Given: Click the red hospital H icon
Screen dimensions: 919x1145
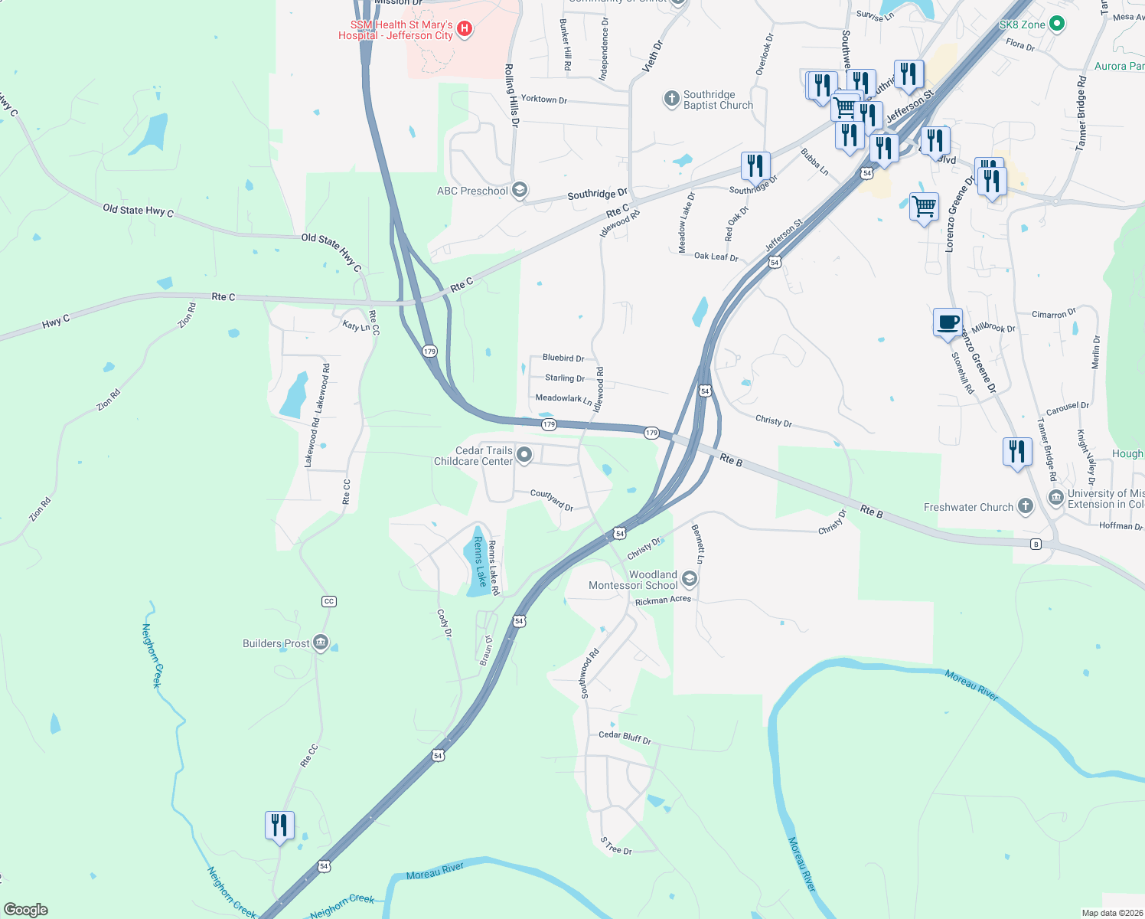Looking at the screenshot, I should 464,30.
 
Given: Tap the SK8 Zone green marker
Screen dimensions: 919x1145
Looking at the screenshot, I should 1057,25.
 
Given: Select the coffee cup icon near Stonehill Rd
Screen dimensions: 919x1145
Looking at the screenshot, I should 948,322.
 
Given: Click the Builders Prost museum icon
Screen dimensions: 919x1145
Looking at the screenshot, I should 321,643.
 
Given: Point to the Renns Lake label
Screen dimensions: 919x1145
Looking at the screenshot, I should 479,561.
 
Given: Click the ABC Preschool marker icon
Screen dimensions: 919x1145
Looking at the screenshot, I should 520,191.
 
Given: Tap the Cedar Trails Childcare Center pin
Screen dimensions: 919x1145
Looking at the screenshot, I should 524,456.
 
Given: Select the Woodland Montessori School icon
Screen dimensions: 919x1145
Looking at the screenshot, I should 689,579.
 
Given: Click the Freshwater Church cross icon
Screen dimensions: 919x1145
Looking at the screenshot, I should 1026,506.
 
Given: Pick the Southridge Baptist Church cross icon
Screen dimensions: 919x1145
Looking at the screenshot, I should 671,98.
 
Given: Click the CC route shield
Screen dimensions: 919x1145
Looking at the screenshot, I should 329,601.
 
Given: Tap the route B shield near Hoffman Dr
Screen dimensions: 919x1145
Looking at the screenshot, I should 1036,545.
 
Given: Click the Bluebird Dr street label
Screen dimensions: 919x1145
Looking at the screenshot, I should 563,358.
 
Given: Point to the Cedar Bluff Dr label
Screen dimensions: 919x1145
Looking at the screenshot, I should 625,737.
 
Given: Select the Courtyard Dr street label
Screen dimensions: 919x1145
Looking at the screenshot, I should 552,499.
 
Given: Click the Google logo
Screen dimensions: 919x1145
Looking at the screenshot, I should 26,910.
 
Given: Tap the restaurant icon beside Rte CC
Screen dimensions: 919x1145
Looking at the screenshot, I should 279,826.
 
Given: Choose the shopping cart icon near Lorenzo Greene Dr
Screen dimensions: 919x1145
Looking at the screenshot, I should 924,206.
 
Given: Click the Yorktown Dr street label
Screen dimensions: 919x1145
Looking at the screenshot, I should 543,100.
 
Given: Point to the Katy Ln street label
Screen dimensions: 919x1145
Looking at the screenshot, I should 356,326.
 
